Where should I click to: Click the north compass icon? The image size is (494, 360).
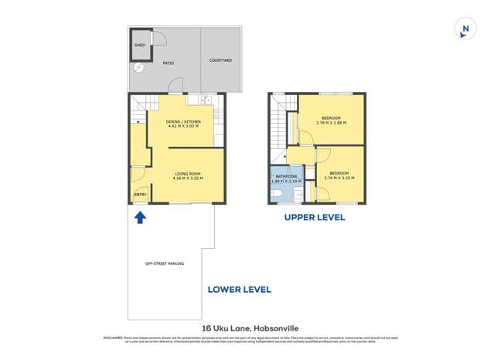click(465, 29)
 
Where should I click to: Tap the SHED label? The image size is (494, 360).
click(140, 46)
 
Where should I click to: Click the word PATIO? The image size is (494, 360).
click(168, 63)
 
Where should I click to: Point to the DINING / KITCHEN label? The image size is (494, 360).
click(183, 121)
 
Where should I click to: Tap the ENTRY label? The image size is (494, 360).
click(140, 194)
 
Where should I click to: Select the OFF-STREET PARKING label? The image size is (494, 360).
click(165, 263)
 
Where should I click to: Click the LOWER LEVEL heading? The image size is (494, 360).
click(239, 290)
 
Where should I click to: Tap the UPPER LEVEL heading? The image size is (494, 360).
click(314, 218)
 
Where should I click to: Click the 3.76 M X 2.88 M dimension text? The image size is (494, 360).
click(331, 123)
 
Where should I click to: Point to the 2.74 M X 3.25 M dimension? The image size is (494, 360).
click(339, 178)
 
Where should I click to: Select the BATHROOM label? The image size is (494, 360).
click(286, 176)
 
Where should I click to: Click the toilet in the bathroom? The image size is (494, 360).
click(277, 194)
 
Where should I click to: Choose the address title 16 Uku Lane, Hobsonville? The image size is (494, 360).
click(247, 326)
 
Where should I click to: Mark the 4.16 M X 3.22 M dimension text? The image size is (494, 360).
click(188, 178)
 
